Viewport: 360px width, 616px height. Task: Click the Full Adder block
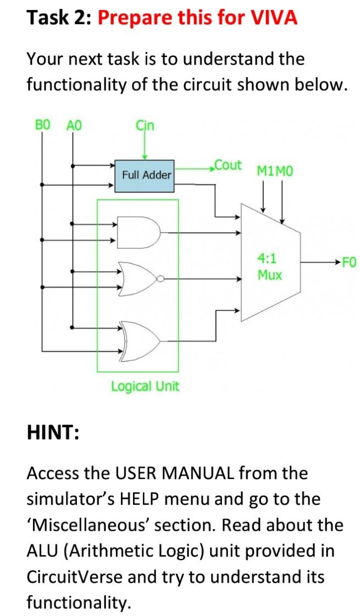(x=144, y=175)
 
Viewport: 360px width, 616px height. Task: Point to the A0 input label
(x=73, y=125)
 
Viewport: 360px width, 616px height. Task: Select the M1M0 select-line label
(x=275, y=172)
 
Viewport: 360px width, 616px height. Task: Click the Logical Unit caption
(x=145, y=386)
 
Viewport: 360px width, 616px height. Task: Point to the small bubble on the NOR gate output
(x=159, y=279)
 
